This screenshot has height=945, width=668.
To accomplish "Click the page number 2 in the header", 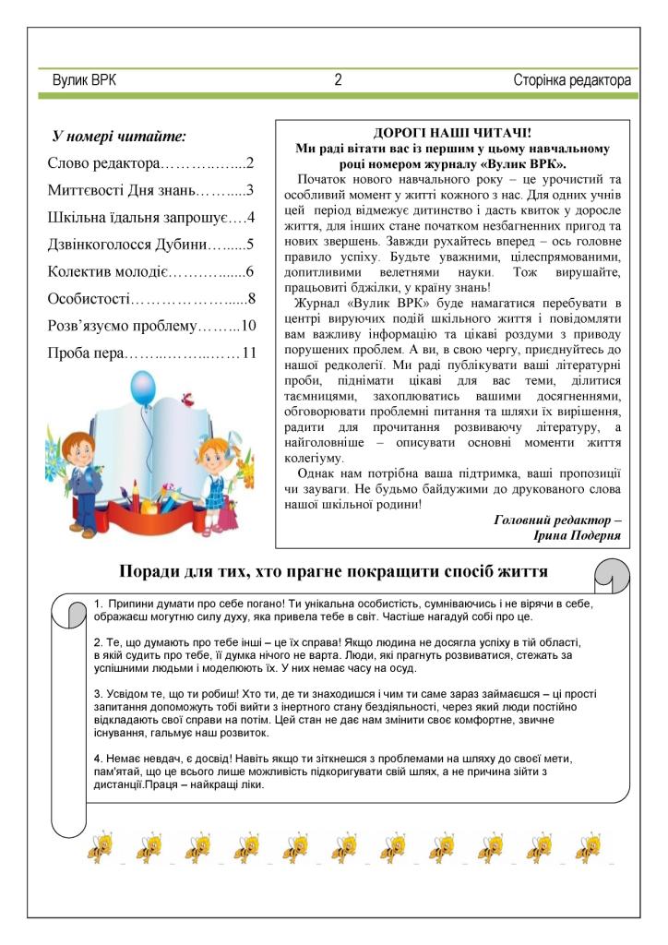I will point(339,81).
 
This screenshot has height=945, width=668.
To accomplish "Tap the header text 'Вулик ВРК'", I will point(85,81).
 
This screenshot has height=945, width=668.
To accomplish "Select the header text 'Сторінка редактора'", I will point(572,81).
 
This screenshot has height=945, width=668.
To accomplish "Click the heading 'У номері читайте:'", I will point(120,137).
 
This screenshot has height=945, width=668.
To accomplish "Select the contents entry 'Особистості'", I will point(89,299).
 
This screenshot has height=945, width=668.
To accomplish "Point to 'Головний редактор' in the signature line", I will point(554,520).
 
